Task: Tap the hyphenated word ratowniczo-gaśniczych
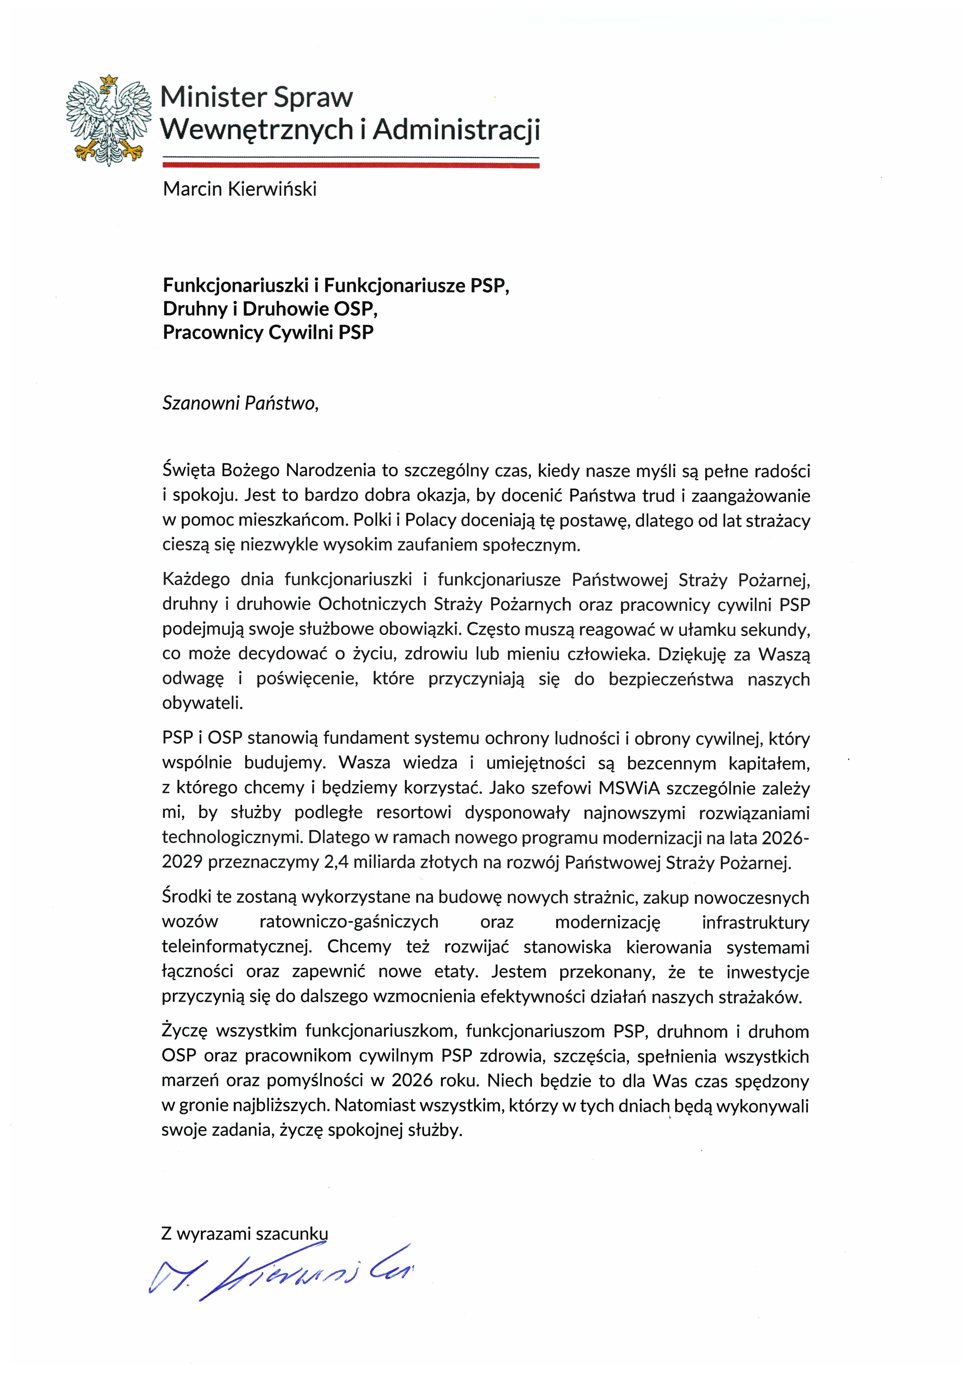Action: click(x=349, y=922)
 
